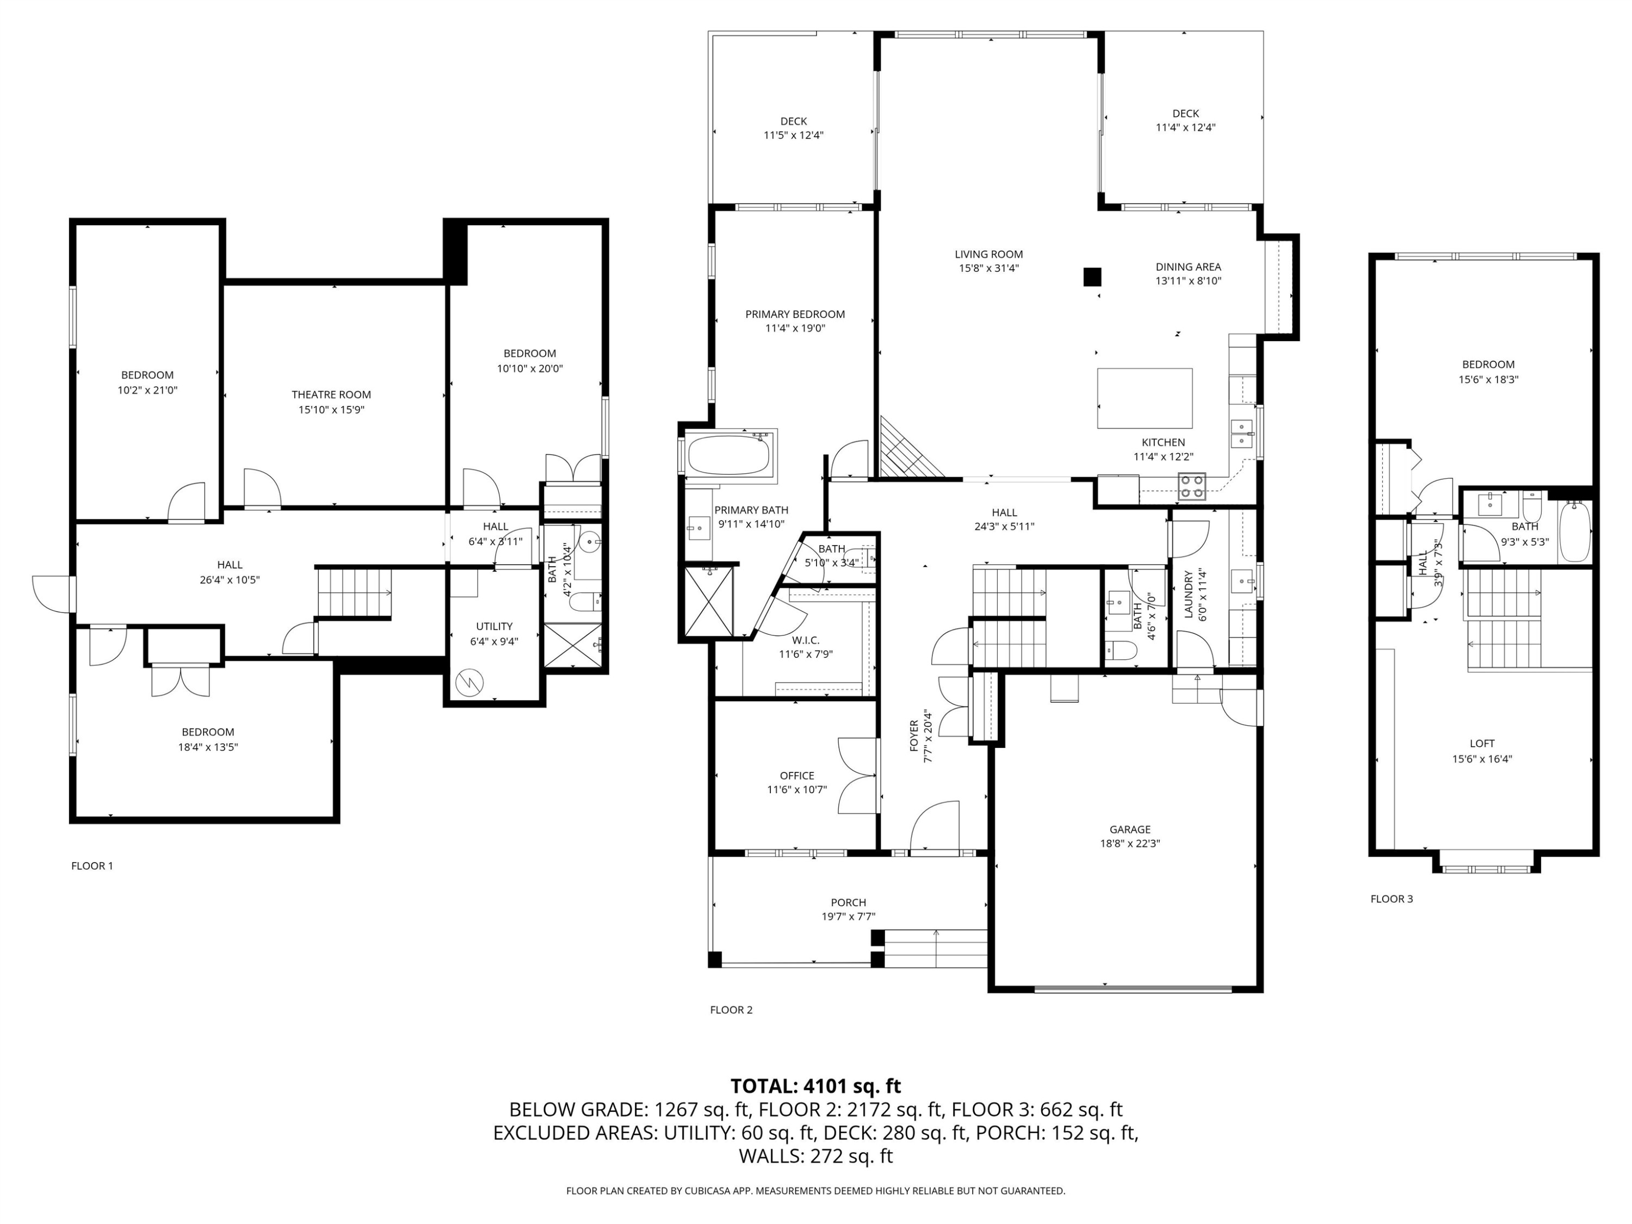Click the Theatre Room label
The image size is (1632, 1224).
click(331, 395)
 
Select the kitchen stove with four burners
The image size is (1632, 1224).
click(1191, 487)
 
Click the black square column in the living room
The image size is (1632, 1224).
click(1092, 277)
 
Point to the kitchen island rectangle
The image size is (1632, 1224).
click(1145, 398)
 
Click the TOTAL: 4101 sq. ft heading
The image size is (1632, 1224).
click(815, 1086)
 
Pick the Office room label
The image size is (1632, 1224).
click(797, 775)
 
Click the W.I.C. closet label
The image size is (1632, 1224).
click(806, 640)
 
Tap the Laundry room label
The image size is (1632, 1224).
click(1189, 595)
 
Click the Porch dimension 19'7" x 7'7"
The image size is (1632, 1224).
click(849, 916)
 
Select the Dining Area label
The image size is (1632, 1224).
click(1188, 267)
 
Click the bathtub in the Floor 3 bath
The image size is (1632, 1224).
click(1574, 530)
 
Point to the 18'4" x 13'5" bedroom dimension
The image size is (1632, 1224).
click(208, 747)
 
